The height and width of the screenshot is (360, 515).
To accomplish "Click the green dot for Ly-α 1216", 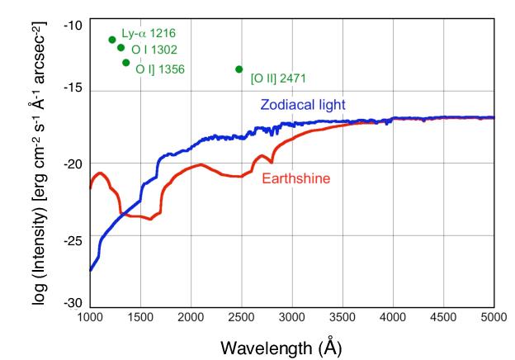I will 111,40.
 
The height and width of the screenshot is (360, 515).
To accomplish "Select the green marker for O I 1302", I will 120,48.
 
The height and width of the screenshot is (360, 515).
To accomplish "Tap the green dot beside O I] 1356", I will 125,62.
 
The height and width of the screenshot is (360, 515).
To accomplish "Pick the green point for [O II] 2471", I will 239,69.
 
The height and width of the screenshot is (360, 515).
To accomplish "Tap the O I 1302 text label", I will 159,50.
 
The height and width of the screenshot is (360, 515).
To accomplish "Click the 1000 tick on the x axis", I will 89,317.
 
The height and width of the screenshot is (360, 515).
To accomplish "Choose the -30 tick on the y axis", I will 73,305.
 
